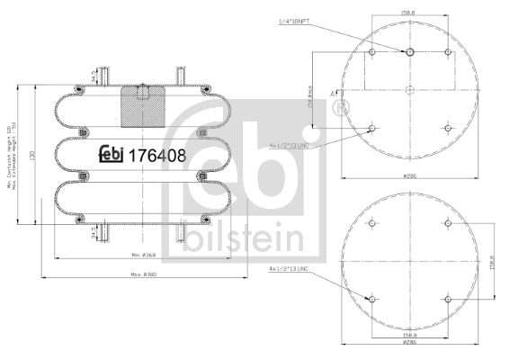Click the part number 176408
coord(158,155)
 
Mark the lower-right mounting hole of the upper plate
coord(447,128)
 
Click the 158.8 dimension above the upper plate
coord(409,13)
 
